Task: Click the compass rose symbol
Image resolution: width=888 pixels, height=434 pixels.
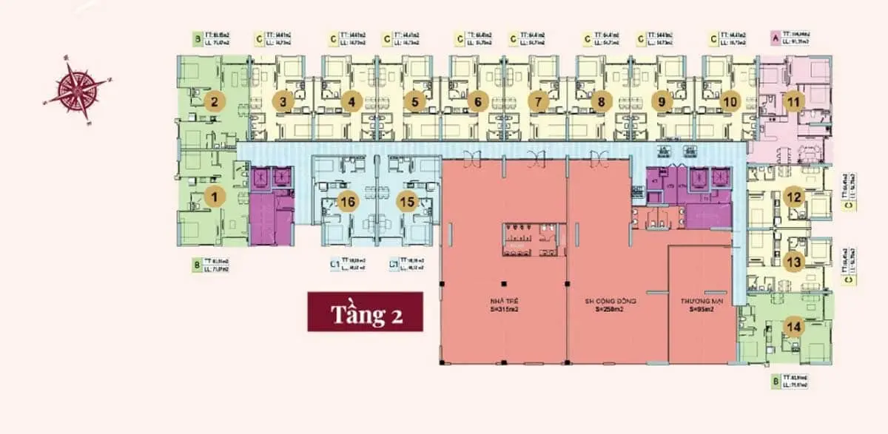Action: [x=77, y=89]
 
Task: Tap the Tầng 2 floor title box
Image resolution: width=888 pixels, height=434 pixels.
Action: [x=365, y=311]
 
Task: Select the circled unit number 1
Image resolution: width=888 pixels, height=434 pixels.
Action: [x=215, y=197]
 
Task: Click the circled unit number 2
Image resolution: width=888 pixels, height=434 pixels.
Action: [x=214, y=101]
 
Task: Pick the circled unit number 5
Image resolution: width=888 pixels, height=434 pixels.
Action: [x=415, y=101]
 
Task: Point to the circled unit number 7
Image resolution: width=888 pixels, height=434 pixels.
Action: [x=539, y=101]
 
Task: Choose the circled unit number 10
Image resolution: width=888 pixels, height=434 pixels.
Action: [x=729, y=101]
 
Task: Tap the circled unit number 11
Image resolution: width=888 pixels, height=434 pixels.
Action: [x=793, y=102]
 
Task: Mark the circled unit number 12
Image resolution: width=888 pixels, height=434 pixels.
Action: [x=794, y=197]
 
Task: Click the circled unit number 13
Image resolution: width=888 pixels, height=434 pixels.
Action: [x=794, y=261]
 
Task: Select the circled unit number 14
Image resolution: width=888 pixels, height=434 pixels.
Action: [x=794, y=326]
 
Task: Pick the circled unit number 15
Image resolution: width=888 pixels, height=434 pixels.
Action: [x=405, y=201]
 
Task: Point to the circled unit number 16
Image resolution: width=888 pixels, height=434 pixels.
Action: [x=347, y=201]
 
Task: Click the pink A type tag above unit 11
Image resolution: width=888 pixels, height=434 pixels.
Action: [x=775, y=36]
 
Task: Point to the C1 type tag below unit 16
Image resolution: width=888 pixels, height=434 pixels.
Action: [x=334, y=263]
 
